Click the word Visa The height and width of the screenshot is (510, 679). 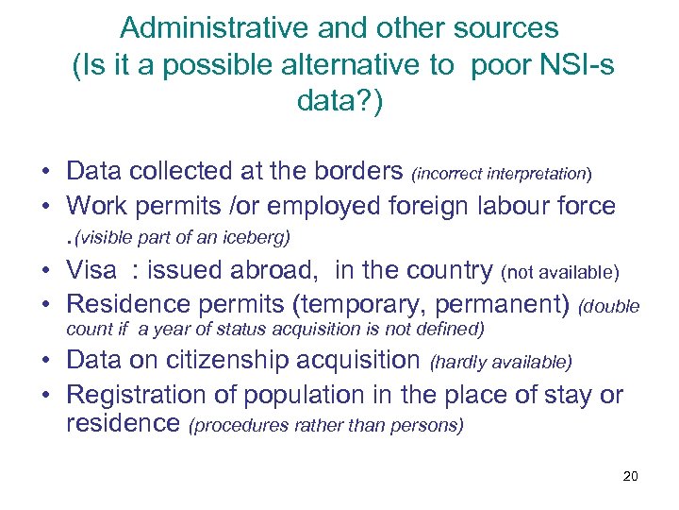click(91, 270)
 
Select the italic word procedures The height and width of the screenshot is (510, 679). click(236, 427)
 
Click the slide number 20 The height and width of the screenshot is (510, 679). click(631, 475)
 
